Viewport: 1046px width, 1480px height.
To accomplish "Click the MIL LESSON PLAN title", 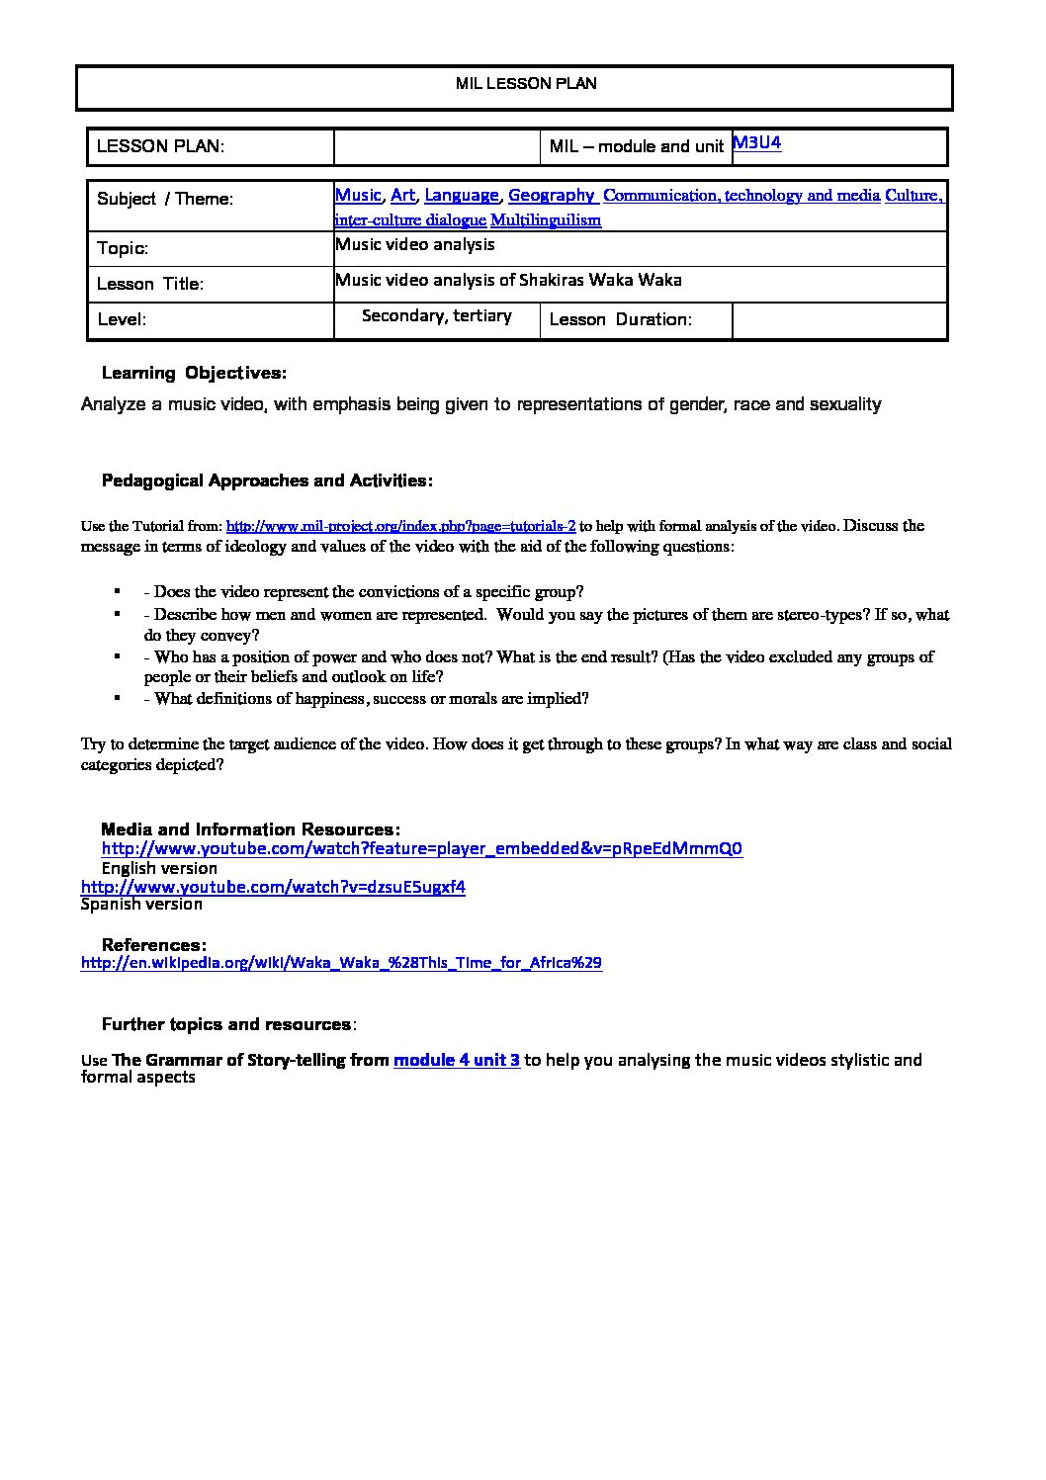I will tap(526, 84).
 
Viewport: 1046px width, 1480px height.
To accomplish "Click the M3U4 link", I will tap(757, 143).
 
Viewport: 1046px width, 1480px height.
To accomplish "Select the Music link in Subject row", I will tap(358, 195).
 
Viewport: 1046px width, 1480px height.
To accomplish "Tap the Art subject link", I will tap(402, 195).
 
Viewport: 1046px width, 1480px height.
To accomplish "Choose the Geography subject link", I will tap(552, 195).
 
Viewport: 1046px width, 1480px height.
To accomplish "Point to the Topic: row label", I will tap(123, 248).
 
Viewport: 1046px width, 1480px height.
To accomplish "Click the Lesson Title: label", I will tap(150, 284).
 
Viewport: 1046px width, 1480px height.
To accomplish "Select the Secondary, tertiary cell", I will tap(437, 315).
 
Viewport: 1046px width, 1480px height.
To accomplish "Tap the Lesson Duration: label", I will tap(620, 319).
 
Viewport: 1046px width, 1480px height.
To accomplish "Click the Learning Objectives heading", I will tap(194, 373).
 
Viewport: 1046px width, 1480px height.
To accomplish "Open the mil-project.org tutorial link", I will tap(400, 526).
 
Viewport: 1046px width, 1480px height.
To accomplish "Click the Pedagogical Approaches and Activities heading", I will tap(267, 480).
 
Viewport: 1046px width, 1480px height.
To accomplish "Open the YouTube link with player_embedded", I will tap(422, 848).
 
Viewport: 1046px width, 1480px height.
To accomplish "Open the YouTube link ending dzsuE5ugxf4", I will tap(273, 886).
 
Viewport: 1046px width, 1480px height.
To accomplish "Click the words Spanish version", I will tap(141, 904).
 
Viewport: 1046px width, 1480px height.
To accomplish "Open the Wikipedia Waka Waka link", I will tap(341, 962).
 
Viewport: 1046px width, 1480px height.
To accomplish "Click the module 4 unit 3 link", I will tap(457, 1060).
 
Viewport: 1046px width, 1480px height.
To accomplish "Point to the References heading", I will tap(154, 945).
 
